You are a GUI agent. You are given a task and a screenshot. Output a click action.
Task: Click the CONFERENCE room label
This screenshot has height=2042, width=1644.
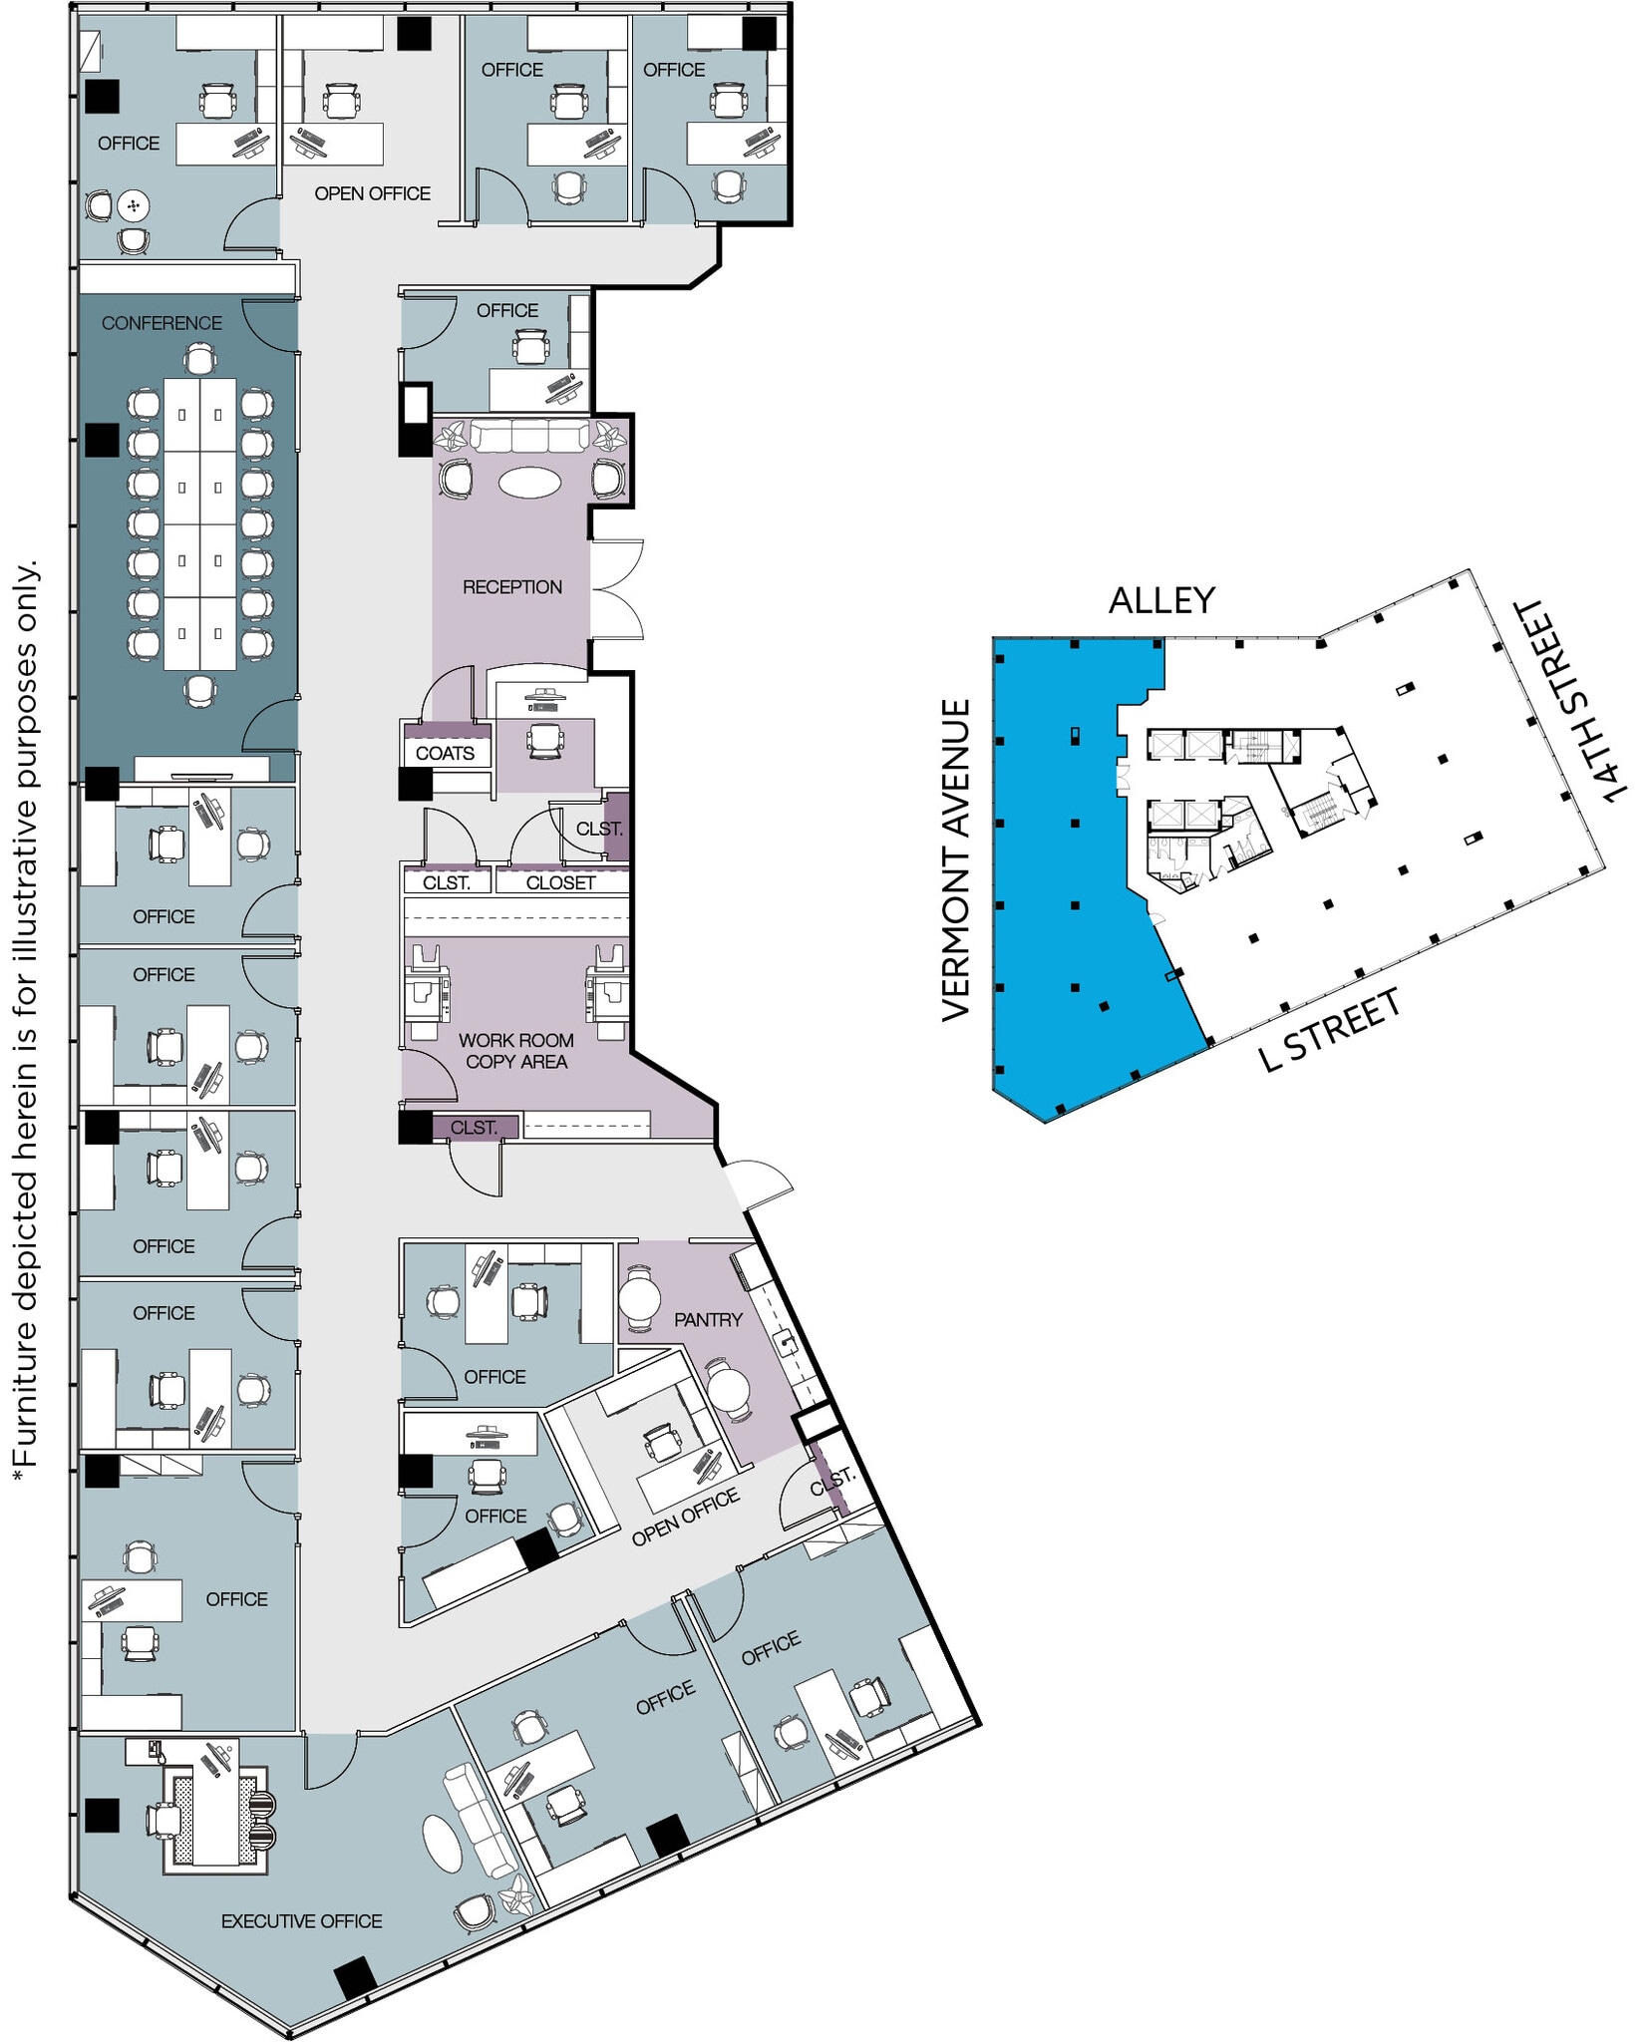coord(162,323)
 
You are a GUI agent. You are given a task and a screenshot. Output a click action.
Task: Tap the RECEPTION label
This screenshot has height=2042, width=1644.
coord(511,587)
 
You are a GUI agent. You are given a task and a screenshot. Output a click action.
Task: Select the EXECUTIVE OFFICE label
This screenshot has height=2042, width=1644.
coord(301,1920)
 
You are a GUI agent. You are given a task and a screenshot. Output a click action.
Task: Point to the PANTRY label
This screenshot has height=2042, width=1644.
coord(708,1319)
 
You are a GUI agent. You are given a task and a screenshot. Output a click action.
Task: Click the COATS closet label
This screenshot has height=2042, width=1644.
coord(445,753)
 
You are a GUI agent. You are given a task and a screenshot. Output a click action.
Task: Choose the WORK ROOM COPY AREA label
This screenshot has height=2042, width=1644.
coord(515,1051)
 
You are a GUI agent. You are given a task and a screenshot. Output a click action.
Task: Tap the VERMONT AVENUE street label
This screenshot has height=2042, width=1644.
coord(956,859)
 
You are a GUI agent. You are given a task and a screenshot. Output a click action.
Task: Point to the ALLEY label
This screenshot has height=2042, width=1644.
coord(1161,600)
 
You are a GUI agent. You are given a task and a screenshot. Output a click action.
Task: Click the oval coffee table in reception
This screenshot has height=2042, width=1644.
coord(529,483)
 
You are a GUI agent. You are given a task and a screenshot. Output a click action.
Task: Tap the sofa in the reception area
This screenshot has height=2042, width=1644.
coord(528,437)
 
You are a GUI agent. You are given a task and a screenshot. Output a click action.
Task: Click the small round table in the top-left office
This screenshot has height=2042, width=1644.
coord(133,206)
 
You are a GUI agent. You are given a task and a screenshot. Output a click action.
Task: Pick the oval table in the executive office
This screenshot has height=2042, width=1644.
coord(442,1843)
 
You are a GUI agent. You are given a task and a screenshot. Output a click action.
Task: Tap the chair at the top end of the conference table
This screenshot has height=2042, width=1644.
coord(200,359)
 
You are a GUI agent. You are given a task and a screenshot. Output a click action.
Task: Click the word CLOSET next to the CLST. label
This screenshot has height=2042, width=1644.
coord(560,882)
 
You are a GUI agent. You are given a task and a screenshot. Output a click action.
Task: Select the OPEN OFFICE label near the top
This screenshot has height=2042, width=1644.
coord(372,193)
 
